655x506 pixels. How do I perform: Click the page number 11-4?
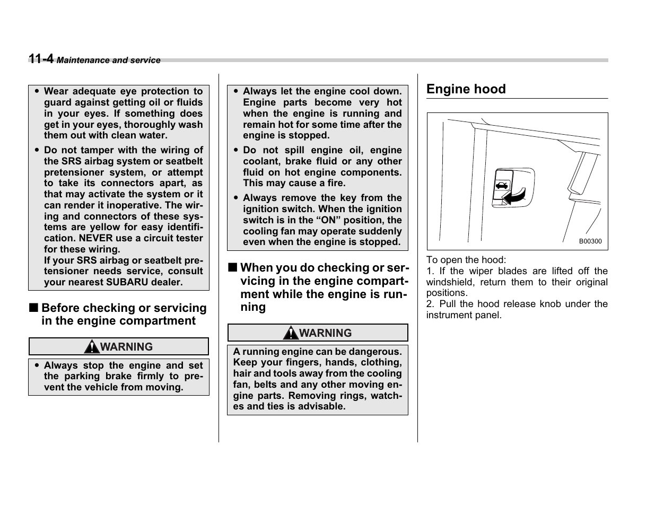click(x=41, y=59)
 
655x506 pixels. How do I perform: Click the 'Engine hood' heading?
click(x=466, y=89)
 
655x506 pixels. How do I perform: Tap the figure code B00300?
click(x=590, y=241)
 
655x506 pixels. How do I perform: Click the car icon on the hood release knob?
click(x=502, y=185)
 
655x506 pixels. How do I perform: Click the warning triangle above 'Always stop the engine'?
click(x=92, y=347)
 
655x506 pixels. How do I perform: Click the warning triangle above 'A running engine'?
click(x=291, y=333)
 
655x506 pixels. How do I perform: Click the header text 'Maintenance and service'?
click(x=109, y=60)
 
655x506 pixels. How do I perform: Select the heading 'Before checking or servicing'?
click(x=124, y=308)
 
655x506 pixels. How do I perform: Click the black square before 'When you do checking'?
click(x=232, y=267)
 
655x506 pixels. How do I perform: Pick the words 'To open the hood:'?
click(x=466, y=260)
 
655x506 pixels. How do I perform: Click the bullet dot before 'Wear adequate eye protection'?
click(x=37, y=91)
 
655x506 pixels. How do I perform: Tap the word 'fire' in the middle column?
click(x=335, y=183)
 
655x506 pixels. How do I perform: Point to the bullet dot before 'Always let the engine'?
click(x=235, y=91)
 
